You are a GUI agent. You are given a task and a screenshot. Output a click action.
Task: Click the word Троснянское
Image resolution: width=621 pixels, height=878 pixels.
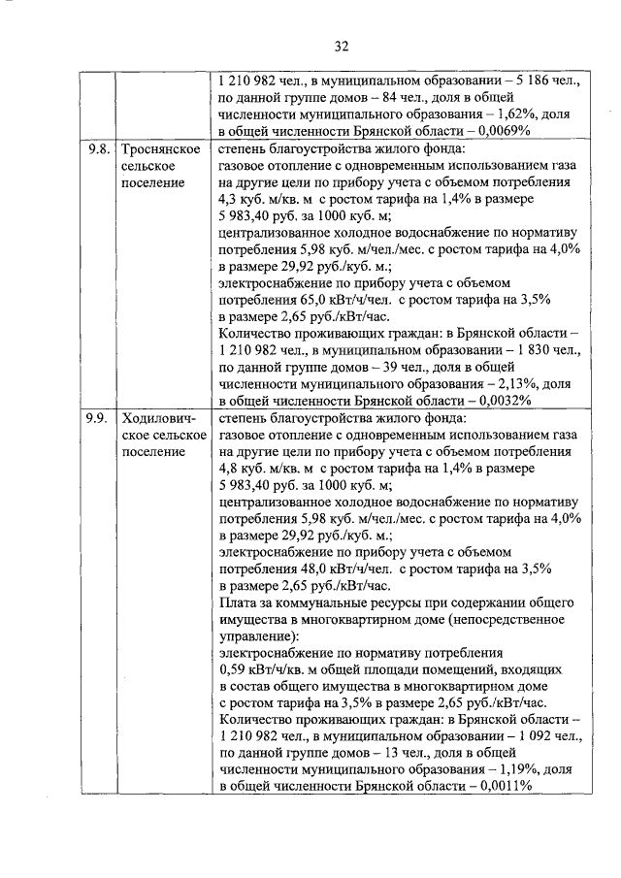[x=161, y=149]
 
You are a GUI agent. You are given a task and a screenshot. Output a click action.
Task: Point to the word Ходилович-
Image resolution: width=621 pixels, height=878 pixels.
[x=160, y=419]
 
